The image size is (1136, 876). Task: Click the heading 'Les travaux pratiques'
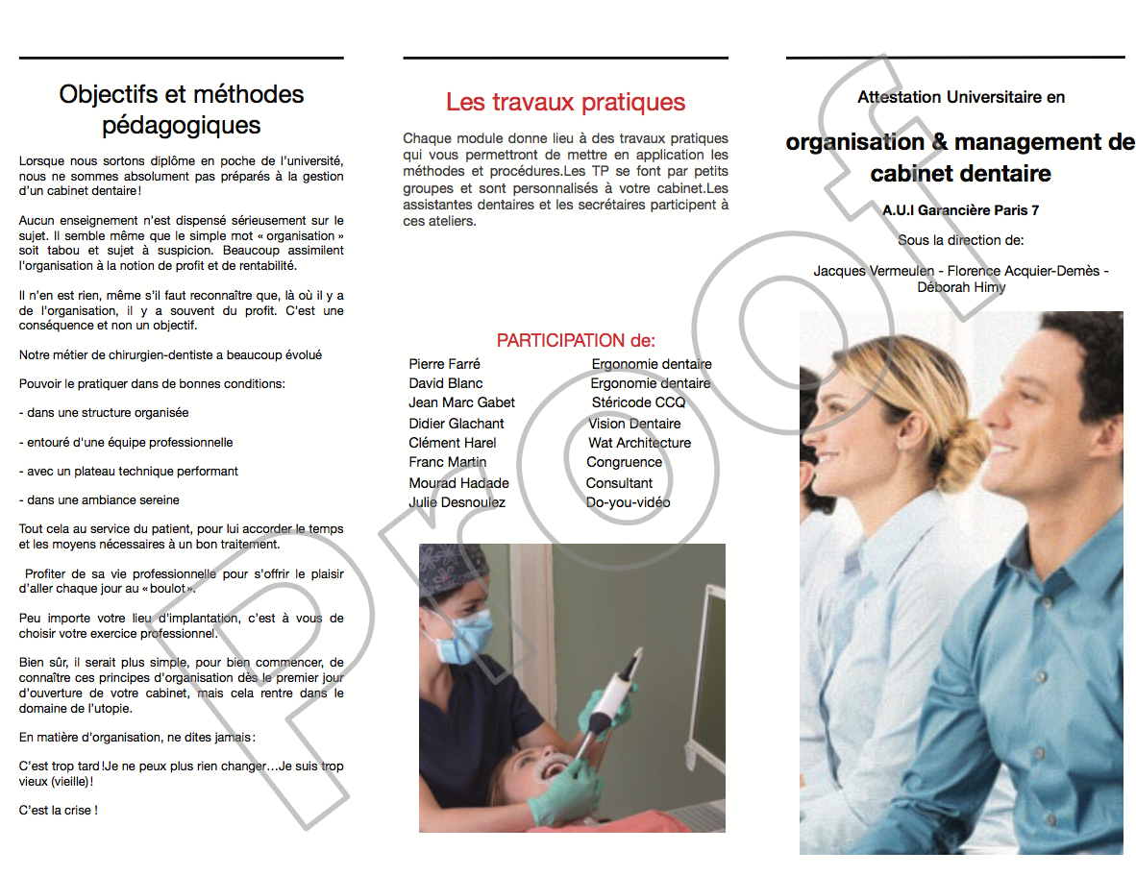pos(565,102)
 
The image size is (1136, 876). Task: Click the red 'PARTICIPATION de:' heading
pos(576,340)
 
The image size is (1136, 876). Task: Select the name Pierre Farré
pos(444,364)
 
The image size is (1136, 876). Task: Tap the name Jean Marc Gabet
pos(461,402)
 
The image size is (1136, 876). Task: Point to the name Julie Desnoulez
pos(457,502)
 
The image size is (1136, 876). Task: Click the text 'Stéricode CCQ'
pos(638,402)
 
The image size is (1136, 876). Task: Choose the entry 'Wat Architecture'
pos(639,443)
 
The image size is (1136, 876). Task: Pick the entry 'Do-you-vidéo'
pos(628,502)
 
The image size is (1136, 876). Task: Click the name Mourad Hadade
pos(458,483)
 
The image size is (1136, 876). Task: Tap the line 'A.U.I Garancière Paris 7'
pos(960,210)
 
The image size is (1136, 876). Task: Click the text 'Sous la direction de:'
pos(960,240)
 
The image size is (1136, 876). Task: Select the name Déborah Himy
pos(960,287)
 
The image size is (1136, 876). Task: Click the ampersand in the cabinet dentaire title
pos(941,142)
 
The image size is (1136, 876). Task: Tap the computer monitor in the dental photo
pos(711,672)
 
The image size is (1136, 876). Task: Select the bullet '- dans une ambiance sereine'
pos(99,500)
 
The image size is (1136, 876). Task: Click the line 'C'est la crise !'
pos(58,811)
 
